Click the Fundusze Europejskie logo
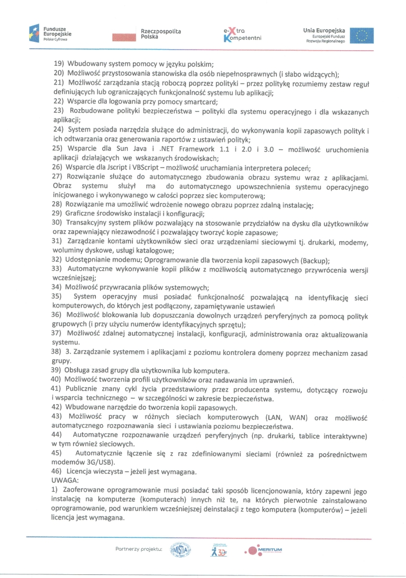click(x=50, y=34)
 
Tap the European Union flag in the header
click(x=361, y=35)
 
